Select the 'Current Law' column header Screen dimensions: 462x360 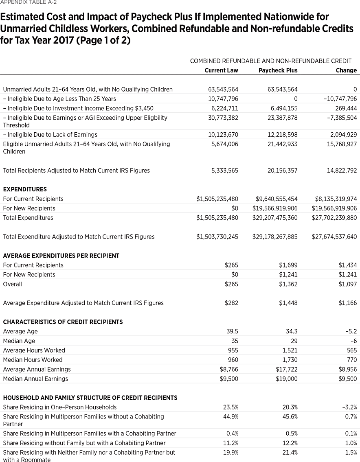pos(221,70)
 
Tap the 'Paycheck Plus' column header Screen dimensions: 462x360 pos(278,70)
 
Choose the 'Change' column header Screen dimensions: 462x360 pos(346,70)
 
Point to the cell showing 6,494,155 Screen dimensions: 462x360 pos(282,108)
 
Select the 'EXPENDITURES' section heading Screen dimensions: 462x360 pos(25,189)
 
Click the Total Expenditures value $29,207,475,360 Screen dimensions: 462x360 pos(275,218)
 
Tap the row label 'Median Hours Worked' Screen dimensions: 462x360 pos(33,360)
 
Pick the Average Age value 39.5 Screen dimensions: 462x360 pos(232,331)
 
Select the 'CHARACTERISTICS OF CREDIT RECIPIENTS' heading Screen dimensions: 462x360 pos(63,322)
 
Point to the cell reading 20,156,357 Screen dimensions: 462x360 pos(282,171)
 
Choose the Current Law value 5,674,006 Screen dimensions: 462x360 pos(223,144)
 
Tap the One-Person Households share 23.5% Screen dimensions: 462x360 pos(230,407)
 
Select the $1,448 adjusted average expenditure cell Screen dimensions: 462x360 pos(288,303)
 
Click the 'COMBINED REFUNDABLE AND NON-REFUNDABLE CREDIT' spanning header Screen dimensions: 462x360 pos(270,61)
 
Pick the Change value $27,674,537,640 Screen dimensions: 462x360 pos(334,236)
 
